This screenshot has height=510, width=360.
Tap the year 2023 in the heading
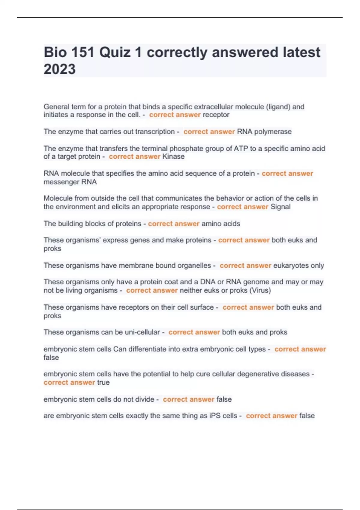pos(59,69)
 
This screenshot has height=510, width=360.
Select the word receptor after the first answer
pos(216,115)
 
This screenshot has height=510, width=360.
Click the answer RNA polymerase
pos(264,132)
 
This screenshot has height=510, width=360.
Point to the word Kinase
pos(173,157)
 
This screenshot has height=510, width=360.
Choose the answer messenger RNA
pos(70,182)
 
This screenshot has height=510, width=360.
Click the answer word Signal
pos(280,207)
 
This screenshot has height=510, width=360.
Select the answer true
pos(103,382)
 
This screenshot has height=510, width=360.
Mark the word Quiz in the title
pos(115,52)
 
